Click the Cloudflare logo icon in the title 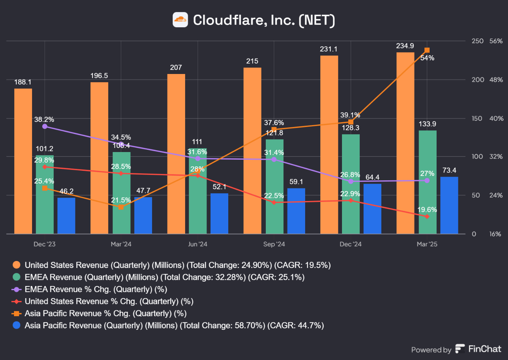click(180, 20)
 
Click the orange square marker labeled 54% click(427, 50)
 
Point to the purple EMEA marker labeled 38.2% click(45, 126)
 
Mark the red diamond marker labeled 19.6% click(427, 216)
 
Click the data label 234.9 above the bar click(405, 46)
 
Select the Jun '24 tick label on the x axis click(198, 244)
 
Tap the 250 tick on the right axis click(477, 41)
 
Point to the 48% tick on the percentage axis click(496, 80)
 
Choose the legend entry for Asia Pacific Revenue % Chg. click(105, 314)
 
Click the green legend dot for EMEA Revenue click(17, 277)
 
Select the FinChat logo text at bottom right click(484, 349)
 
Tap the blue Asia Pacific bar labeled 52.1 click(219, 213)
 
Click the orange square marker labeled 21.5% click(121, 207)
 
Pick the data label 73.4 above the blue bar click(449, 170)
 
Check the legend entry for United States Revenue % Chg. click(109, 301)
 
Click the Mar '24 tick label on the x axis click(121, 244)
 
